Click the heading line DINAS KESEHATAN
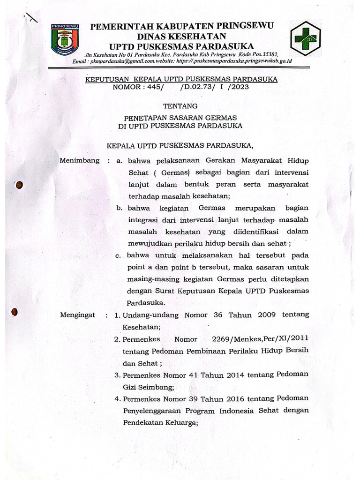(x=181, y=36)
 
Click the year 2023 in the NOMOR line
(x=239, y=87)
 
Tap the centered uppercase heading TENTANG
(x=180, y=106)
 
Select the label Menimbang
(x=80, y=160)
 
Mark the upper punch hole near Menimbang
(x=19, y=185)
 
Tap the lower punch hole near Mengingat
(x=15, y=311)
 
